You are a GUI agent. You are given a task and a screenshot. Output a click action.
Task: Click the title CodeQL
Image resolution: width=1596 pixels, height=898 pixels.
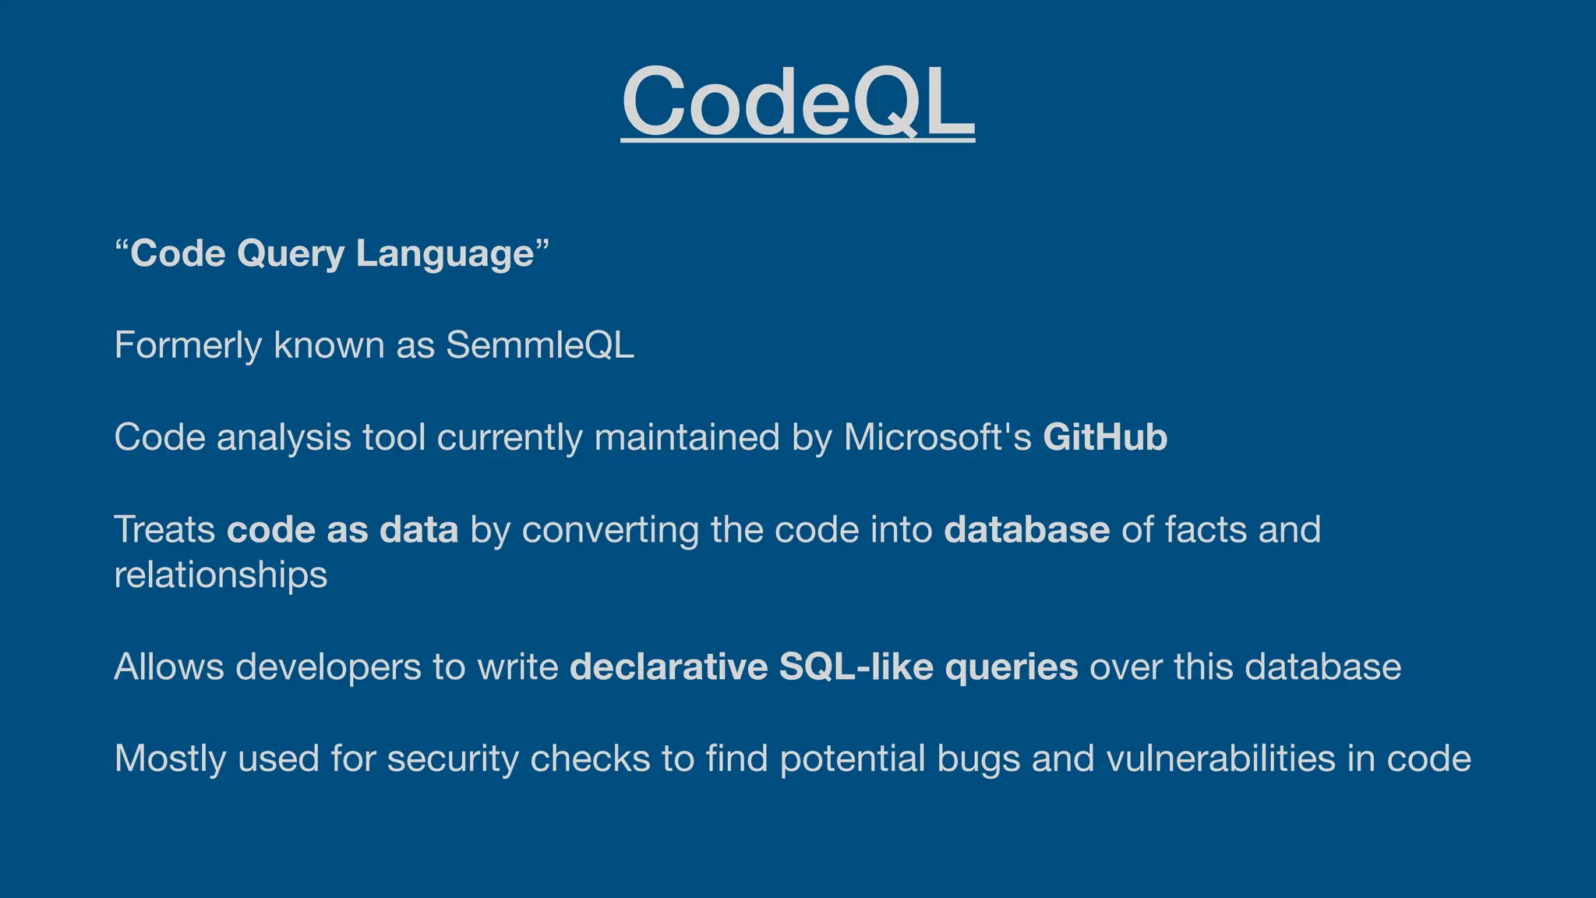pos(798,101)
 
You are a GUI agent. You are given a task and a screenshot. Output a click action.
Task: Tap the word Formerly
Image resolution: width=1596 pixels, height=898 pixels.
pos(187,345)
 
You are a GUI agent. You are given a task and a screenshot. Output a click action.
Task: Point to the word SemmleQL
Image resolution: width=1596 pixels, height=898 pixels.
pos(540,345)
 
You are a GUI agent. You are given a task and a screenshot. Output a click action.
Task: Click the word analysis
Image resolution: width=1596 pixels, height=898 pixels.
pos(284,437)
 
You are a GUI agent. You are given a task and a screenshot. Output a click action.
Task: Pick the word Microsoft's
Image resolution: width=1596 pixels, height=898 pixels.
pos(937,437)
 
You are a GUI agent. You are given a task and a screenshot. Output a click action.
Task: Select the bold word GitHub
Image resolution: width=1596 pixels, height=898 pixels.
pos(1105,437)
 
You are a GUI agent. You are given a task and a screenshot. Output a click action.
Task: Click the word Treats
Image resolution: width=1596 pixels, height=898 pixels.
pos(164,529)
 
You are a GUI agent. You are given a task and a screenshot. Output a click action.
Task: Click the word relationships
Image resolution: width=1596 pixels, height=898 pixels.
pos(221,575)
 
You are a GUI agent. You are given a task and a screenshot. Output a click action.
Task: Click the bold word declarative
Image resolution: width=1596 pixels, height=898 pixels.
pos(669,667)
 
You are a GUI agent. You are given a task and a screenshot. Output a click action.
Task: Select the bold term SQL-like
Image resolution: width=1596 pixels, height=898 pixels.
pos(856,667)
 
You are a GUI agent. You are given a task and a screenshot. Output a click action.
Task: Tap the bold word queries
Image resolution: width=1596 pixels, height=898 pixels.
pos(1012,667)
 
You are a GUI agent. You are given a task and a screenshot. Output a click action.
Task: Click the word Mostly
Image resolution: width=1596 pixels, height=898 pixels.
pos(170,758)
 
